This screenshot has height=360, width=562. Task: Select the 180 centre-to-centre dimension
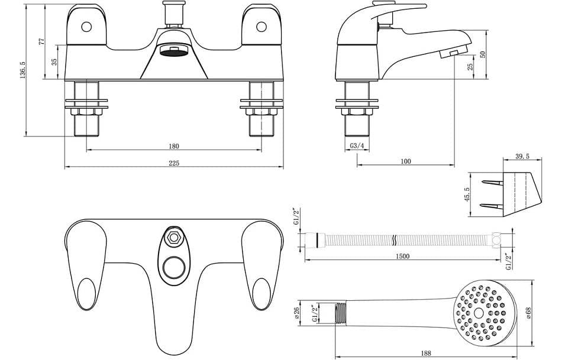[x=173, y=146]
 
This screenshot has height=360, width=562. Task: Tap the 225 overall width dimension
[x=173, y=163]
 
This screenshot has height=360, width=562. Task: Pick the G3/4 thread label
[x=357, y=145]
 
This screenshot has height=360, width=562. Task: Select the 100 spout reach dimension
[x=405, y=161]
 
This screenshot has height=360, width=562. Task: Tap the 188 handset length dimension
[x=425, y=353]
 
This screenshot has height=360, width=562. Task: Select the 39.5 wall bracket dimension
[x=522, y=157]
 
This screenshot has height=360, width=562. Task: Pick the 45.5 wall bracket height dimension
[x=467, y=194]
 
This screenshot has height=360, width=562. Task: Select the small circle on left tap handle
[x=87, y=27]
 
